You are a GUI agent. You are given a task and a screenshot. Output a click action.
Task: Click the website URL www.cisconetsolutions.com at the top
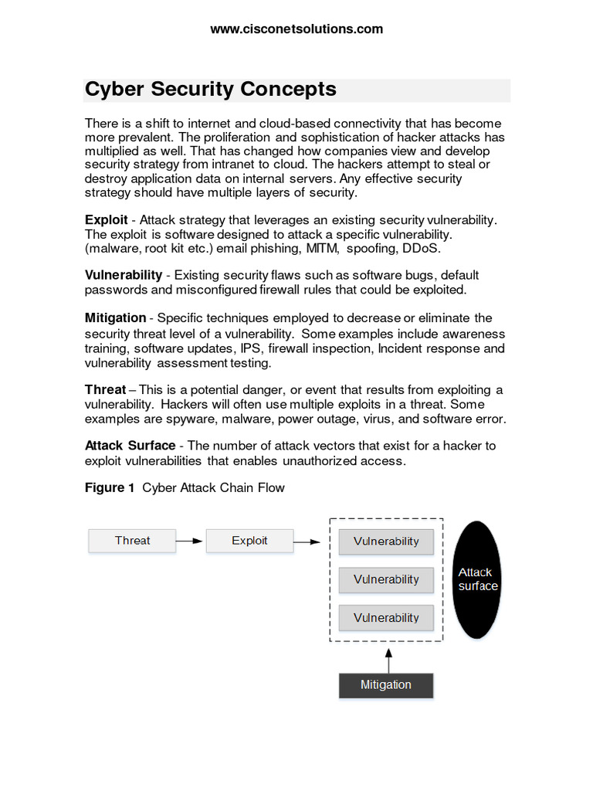(296, 29)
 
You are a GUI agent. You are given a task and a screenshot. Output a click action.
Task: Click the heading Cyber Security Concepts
(211, 90)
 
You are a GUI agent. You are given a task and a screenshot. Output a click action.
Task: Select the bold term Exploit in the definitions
(106, 220)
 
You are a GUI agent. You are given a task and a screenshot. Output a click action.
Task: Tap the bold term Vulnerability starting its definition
(124, 275)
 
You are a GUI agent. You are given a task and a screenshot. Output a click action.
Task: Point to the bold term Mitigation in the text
(115, 318)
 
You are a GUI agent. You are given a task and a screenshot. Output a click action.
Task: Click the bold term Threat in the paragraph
(105, 389)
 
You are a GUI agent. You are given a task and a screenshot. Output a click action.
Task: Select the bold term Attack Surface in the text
(130, 446)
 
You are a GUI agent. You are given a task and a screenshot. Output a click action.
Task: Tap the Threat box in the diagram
(132, 541)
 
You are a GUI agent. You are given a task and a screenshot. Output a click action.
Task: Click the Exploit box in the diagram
(249, 541)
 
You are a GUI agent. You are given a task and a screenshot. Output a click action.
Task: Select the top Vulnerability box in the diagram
(386, 541)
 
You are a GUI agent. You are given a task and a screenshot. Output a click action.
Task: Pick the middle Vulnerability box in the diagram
(386, 579)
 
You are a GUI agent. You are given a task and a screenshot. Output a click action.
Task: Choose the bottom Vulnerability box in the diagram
(386, 618)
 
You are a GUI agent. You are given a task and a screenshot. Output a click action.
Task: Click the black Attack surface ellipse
(476, 579)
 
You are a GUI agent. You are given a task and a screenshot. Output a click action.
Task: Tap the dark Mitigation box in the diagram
(386, 685)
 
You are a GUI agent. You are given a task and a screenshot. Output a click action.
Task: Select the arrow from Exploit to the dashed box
(307, 541)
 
